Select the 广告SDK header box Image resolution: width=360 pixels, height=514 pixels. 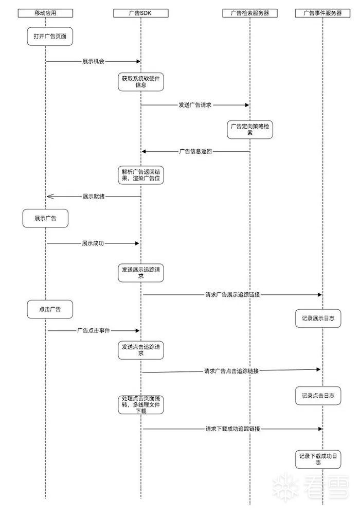[140, 13]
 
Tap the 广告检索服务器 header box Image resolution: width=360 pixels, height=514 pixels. [250, 13]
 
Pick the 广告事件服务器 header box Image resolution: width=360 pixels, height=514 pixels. [322, 13]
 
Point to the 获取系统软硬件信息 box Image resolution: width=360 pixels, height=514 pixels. [140, 82]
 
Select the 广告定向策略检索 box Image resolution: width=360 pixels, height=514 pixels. [250, 129]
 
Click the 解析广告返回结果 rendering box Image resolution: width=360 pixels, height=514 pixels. [140, 175]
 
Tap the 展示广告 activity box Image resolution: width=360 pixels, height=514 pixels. [45, 218]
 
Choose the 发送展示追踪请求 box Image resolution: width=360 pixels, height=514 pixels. [140, 272]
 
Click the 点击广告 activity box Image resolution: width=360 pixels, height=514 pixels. [50, 310]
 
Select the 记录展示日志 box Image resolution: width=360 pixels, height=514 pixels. [318, 318]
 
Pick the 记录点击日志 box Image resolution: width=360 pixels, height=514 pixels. [318, 396]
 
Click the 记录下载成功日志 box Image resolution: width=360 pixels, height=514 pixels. [318, 458]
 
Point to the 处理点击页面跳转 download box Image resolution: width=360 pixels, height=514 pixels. [140, 405]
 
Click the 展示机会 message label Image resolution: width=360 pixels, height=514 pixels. [93, 61]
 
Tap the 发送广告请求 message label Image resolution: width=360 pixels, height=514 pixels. [195, 105]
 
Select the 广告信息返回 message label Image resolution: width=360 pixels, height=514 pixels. [195, 151]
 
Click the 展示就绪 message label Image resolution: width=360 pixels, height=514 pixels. [93, 196]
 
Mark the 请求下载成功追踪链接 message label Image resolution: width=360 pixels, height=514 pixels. [232, 429]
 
